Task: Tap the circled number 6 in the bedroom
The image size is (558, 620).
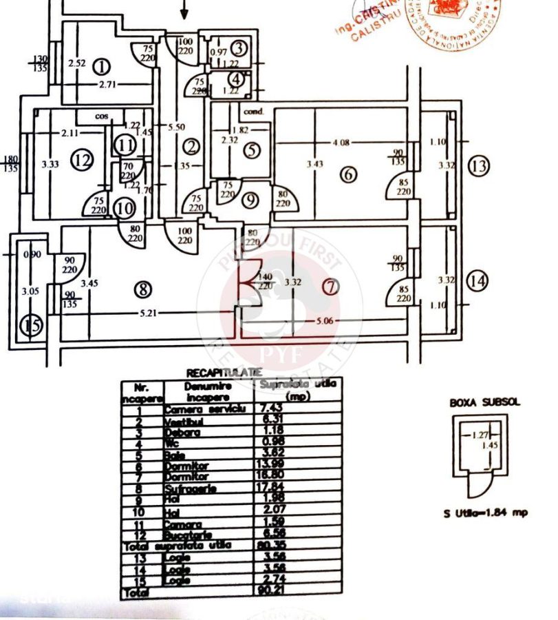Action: click(349, 174)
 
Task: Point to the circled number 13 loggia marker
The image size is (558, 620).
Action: click(479, 166)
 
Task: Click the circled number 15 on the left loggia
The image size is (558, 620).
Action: click(30, 324)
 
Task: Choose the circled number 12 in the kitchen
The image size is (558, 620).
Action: click(83, 161)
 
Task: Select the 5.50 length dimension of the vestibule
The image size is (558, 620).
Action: click(178, 127)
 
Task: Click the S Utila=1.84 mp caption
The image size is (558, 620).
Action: click(477, 513)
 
